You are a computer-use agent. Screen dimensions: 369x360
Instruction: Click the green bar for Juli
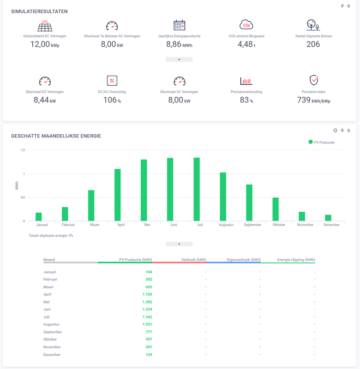[197, 190]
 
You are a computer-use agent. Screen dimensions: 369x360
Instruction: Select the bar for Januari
[39, 217]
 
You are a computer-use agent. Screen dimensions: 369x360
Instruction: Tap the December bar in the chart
[328, 218]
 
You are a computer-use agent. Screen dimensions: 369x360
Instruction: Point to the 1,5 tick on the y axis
[23, 150]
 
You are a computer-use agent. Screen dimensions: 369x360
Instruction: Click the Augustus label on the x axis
[226, 225]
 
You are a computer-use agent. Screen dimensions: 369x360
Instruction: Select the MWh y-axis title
[17, 185]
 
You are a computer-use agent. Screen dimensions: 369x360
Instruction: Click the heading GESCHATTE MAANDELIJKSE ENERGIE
[56, 136]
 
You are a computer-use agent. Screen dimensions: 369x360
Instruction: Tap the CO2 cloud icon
[246, 25]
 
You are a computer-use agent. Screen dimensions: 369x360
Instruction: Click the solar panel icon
[45, 25]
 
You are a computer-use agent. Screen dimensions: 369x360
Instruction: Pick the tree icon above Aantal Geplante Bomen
[313, 25]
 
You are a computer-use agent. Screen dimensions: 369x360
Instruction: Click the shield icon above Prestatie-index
[314, 80]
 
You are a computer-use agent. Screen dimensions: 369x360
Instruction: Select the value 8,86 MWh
[179, 44]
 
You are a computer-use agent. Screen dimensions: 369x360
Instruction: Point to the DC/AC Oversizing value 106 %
[112, 100]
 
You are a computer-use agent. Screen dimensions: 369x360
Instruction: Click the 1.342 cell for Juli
[147, 317]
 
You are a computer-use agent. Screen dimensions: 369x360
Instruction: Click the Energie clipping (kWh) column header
[296, 260]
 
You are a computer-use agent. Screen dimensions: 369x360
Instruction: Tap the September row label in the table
[52, 332]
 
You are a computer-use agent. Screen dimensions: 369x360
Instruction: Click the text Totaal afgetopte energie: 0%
[51, 236]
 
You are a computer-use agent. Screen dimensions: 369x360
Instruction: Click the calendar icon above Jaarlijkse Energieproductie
[179, 25]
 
